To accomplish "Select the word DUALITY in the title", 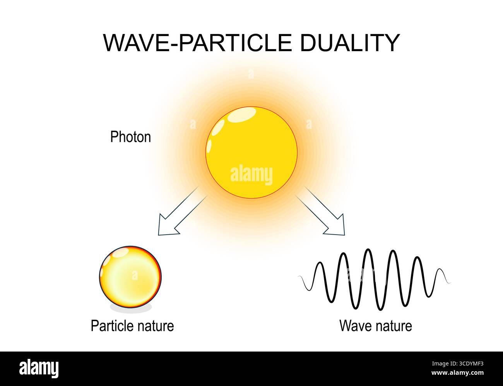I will click(349, 43).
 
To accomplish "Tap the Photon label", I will click(130, 137).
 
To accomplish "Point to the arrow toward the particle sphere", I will click(182, 213).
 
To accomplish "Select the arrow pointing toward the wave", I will click(321, 211).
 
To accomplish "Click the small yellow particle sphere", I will click(130, 276).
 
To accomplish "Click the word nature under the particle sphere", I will click(155, 326).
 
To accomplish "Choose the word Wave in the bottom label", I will click(354, 326).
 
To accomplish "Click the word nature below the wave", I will click(392, 326).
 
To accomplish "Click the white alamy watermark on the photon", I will click(251, 175).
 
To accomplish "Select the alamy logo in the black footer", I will click(39, 368).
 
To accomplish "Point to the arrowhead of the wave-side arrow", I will click(336, 228).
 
